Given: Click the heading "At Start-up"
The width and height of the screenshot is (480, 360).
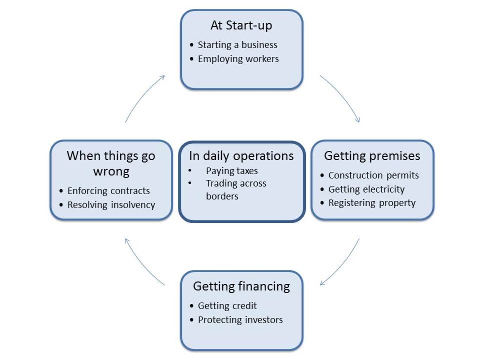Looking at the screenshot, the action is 241,25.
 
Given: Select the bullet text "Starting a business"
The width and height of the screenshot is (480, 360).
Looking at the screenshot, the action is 238,45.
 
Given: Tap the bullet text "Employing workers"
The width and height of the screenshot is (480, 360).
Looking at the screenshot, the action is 238,59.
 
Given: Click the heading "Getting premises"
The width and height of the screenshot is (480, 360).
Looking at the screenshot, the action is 372,156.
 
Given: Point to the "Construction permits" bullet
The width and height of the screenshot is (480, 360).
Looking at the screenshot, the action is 374,175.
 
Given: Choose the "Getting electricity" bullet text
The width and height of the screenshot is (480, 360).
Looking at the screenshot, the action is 367,189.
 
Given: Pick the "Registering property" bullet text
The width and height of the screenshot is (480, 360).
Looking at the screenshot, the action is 372,203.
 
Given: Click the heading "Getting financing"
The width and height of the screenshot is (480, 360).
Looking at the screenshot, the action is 241,287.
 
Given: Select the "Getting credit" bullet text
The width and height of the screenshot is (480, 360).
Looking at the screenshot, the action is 227,306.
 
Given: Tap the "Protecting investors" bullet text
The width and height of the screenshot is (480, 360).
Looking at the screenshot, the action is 240,320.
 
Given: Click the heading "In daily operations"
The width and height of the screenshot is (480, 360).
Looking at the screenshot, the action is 241,156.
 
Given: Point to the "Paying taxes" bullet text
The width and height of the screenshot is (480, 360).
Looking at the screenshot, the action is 232,171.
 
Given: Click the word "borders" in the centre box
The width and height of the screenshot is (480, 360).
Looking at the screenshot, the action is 222,196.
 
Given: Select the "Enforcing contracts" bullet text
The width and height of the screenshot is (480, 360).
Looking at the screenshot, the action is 109,191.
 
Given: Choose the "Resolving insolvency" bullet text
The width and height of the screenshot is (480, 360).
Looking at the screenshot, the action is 111,205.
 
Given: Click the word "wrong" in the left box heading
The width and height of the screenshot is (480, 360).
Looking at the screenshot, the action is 111,172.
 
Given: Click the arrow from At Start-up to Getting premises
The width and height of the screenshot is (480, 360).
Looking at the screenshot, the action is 343,95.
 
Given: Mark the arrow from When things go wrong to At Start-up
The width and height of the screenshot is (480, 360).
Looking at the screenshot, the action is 142,95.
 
